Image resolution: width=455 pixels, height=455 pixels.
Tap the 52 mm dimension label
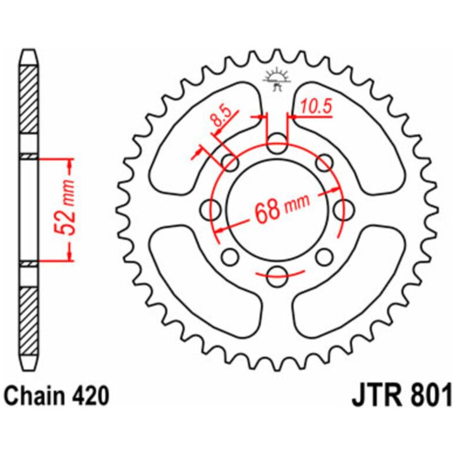64,207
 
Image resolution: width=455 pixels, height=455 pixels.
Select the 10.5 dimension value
316,107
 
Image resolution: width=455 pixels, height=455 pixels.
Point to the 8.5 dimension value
222,117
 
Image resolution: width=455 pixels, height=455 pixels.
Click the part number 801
430,395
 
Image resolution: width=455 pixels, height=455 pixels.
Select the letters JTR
377,395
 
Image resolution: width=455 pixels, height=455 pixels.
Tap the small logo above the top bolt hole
277,79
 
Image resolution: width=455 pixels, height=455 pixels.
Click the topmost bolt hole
277,143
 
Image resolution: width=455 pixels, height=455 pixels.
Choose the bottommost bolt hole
277,276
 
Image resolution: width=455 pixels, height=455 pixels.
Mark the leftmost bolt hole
210,210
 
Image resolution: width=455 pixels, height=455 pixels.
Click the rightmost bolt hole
344,210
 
